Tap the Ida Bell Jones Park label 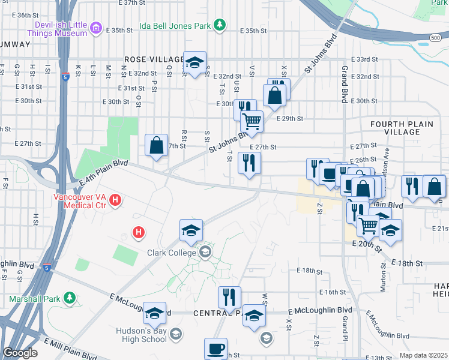(174, 26)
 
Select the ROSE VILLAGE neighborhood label (154, 59)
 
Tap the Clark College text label (172, 253)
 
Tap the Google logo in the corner (20, 353)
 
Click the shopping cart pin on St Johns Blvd (252, 122)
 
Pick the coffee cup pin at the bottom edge (215, 349)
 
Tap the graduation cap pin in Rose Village (195, 62)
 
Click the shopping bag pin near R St (156, 145)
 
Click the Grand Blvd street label (345, 84)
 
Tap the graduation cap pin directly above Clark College (191, 230)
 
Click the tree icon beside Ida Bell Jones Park (221, 25)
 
